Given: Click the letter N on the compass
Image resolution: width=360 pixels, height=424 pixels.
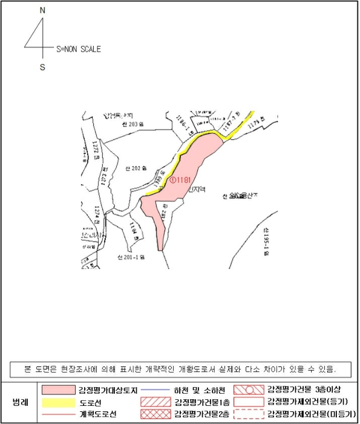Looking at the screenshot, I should tap(42, 10).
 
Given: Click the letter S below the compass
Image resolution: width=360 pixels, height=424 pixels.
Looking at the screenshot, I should tap(42, 67).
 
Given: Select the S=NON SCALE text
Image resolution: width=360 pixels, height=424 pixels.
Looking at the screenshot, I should tap(78, 50).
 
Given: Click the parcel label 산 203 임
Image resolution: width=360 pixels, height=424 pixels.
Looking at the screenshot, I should tap(133, 124).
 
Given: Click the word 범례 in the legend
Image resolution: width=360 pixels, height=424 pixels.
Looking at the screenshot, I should tap(21, 402).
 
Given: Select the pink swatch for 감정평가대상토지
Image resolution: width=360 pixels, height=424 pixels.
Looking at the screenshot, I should tap(58, 389).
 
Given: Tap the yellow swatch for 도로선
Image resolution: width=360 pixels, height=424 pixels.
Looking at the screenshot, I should tap(58, 402).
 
